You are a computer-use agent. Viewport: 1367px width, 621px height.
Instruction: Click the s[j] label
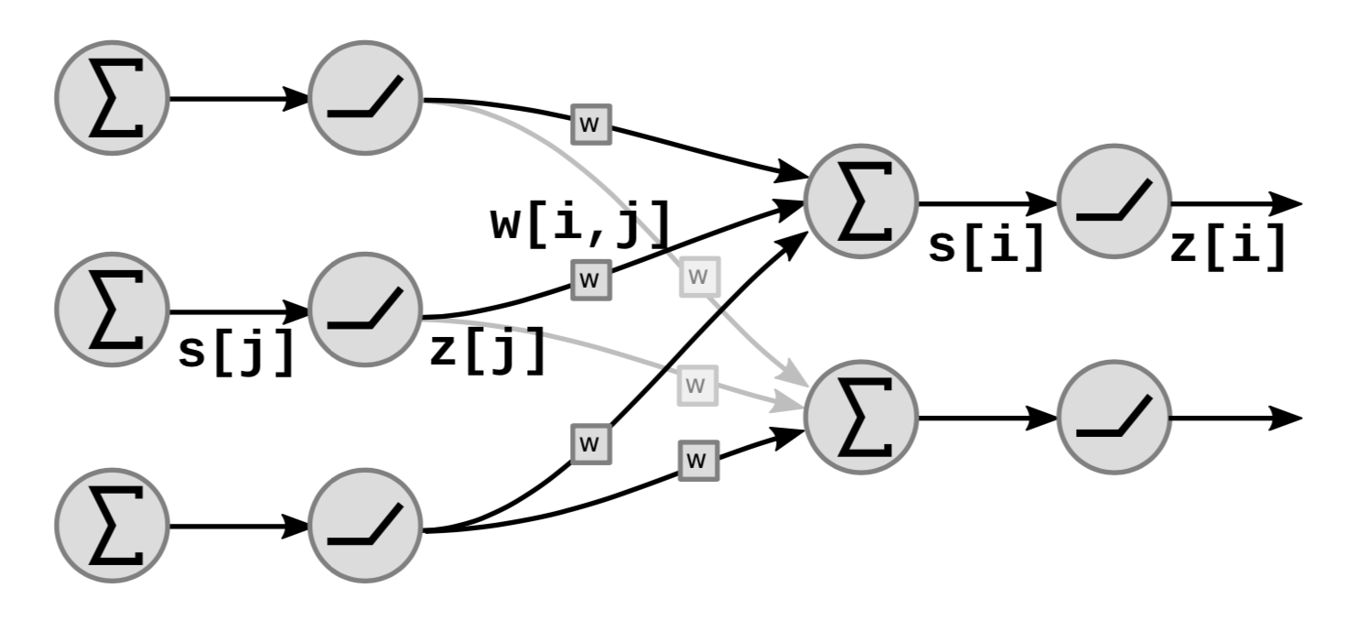[236, 352]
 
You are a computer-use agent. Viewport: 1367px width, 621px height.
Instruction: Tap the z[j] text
[487, 352]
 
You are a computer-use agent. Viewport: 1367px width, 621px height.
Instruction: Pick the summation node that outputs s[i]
[860, 202]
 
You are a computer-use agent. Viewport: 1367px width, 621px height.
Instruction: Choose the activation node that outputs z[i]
[1114, 202]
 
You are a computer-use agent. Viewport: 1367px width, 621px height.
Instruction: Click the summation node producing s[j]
[112, 310]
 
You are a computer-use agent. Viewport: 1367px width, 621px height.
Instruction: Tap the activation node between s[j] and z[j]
[365, 310]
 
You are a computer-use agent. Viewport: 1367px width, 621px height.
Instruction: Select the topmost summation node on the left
[112, 97]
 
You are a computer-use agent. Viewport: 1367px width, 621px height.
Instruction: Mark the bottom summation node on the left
[112, 527]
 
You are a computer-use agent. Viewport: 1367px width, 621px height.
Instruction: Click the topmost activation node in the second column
[365, 97]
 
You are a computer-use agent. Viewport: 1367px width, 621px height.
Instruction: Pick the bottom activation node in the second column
[365, 527]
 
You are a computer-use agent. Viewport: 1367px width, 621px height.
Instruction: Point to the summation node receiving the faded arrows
[860, 418]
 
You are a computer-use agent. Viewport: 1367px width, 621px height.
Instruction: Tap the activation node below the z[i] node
[1114, 418]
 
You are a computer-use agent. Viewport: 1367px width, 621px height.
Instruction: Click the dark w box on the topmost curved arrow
[591, 124]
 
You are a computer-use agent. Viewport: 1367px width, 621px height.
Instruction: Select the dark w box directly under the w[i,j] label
[591, 278]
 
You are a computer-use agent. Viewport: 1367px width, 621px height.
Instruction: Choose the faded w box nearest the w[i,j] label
[699, 277]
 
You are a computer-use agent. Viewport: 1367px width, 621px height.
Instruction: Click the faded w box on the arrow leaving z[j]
[697, 384]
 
